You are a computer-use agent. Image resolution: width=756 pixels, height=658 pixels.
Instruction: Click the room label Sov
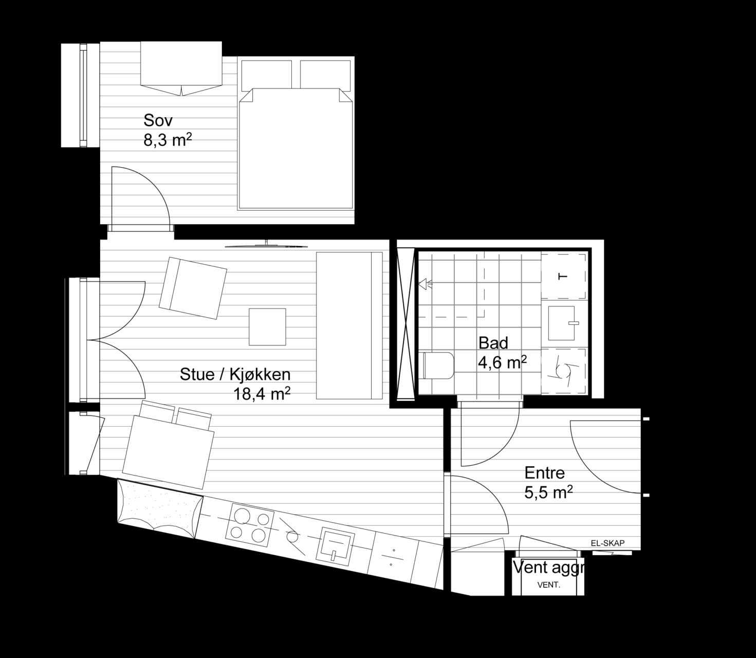point(158,120)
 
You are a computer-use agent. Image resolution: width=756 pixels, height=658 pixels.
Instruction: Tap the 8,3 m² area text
point(168,140)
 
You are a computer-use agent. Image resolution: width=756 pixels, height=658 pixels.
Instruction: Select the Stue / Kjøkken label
point(235,375)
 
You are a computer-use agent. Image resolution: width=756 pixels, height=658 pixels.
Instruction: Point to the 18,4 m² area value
point(262,394)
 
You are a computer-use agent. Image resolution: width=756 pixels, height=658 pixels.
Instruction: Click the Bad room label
point(493,343)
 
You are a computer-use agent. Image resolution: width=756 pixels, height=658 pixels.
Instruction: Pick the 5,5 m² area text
point(549,492)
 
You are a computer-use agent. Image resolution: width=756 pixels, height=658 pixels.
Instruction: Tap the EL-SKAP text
point(608,543)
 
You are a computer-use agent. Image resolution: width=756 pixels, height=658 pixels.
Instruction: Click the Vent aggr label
point(548,568)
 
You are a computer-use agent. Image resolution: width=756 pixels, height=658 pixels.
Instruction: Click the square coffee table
point(267,327)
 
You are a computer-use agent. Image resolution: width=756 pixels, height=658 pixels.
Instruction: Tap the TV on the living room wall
point(266,245)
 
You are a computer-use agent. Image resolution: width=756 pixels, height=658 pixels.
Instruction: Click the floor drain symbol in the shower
point(425,284)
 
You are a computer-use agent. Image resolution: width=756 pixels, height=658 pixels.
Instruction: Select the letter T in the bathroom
point(563,277)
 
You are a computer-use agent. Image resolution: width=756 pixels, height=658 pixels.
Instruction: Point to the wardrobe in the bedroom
point(181,68)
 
